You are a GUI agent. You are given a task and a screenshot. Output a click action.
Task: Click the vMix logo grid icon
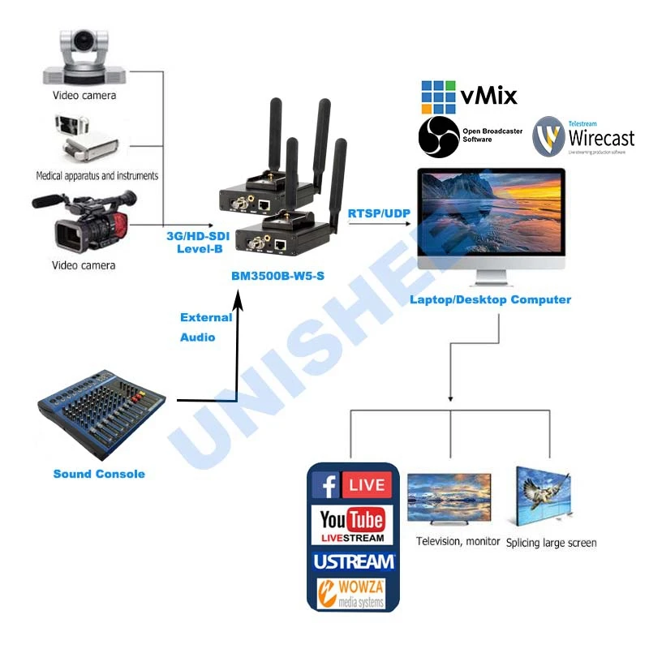coord(438,97)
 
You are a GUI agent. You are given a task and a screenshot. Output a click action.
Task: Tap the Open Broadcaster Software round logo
coord(439,136)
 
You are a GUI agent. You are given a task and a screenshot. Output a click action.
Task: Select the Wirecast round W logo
coord(549,136)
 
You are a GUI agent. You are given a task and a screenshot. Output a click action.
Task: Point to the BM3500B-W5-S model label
coord(277,276)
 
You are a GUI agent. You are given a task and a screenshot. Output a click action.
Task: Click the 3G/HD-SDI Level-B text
coord(200,242)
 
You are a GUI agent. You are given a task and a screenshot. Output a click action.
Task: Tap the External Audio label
coord(205,327)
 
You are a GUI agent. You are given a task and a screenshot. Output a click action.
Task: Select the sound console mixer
coord(101,417)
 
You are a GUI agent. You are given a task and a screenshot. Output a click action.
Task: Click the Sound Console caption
coord(99,474)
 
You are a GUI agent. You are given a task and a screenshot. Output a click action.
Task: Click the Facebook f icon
coord(327,485)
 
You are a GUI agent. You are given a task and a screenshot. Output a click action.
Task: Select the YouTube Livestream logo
coord(352,523)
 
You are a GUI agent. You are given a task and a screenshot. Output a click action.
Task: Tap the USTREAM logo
coord(353,561)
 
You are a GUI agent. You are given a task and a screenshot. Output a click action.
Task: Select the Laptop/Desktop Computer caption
coord(490,299)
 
